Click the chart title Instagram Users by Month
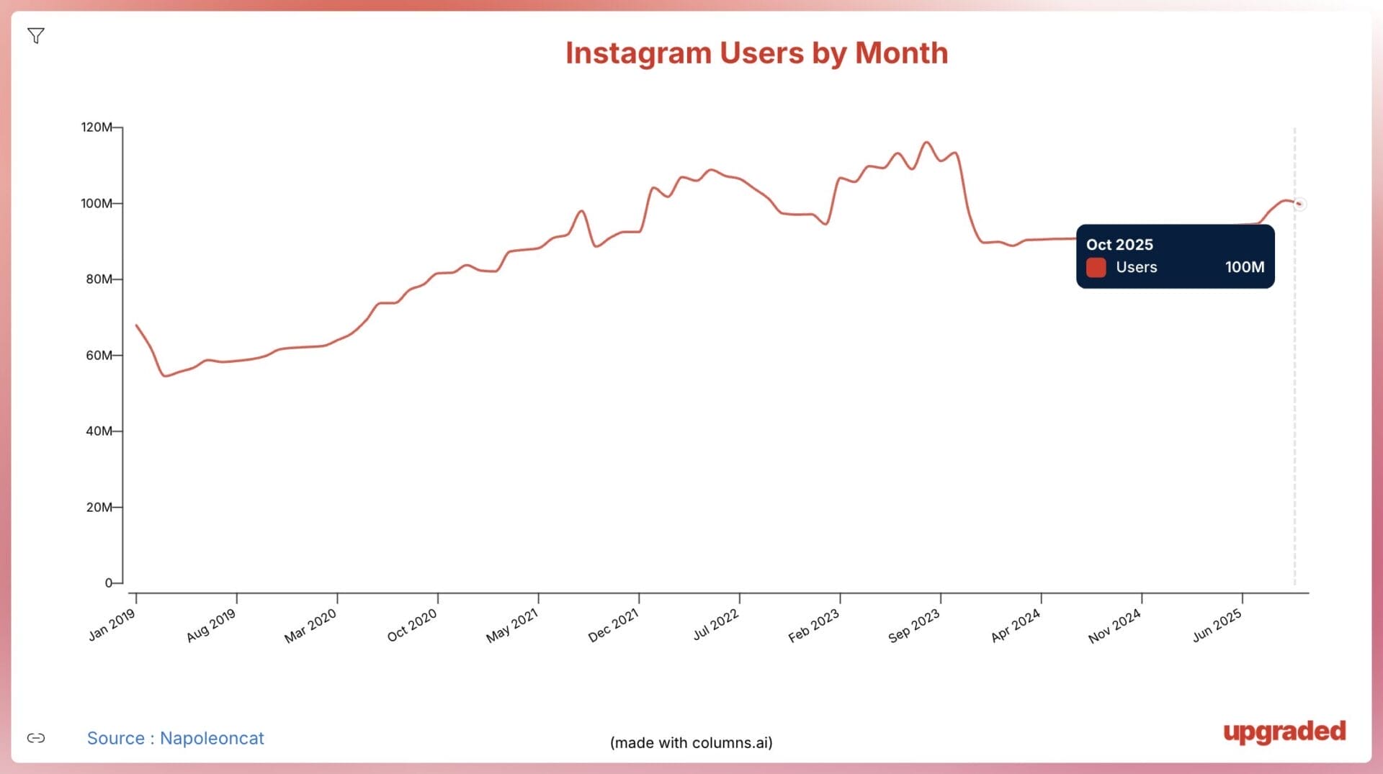[756, 53]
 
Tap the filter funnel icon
[36, 35]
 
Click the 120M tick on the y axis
[97, 127]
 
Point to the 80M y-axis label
[99, 279]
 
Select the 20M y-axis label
[99, 508]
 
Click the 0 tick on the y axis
[109, 583]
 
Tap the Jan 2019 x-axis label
[112, 625]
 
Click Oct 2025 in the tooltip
[1119, 245]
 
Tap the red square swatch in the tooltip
[1096, 267]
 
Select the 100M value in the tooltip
[1244, 267]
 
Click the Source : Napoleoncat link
[175, 738]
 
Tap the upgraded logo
[1284, 732]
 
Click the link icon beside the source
[36, 738]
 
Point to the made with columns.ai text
[691, 742]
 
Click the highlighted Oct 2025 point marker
[1299, 204]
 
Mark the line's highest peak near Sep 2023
[926, 143]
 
